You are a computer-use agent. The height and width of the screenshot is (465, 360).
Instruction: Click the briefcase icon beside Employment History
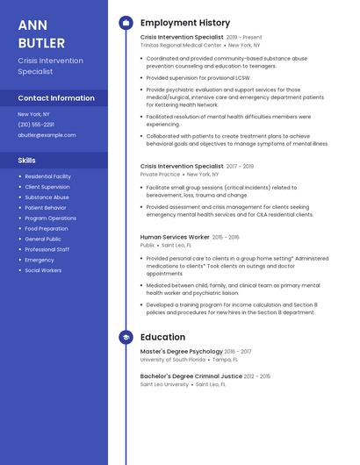pos(126,23)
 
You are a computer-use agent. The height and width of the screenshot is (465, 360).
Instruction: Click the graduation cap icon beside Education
pos(126,337)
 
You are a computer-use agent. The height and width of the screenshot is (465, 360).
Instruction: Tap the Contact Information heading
pos(56,98)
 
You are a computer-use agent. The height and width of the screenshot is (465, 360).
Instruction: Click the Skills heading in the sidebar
pos(27,161)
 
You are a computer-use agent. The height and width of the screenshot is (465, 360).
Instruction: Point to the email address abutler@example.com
pos(47,135)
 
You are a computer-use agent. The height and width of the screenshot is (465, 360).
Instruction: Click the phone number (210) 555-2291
pos(36,125)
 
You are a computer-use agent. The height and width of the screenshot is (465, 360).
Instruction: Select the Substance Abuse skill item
pos(47,197)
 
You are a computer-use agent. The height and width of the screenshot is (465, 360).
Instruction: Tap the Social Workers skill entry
pos(43,270)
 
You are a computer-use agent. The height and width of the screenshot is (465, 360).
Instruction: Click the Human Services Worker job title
pos(175,237)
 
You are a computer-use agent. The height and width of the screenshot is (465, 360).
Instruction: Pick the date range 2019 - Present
pos(244,38)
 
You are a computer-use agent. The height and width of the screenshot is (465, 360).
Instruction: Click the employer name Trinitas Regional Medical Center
pos(180,46)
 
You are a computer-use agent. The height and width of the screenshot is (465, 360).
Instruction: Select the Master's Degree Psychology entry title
pos(182,351)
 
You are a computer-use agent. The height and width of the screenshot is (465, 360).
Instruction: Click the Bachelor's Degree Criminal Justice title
pos(191,376)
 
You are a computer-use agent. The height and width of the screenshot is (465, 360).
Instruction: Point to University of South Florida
pos(173,360)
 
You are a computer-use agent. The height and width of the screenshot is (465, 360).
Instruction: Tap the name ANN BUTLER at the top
pos(41,34)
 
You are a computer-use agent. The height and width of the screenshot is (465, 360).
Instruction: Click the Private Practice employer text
pos(160,174)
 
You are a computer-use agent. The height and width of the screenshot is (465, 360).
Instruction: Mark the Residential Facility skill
pos(48,176)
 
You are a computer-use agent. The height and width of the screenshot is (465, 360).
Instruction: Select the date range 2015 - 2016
pos(226,237)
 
